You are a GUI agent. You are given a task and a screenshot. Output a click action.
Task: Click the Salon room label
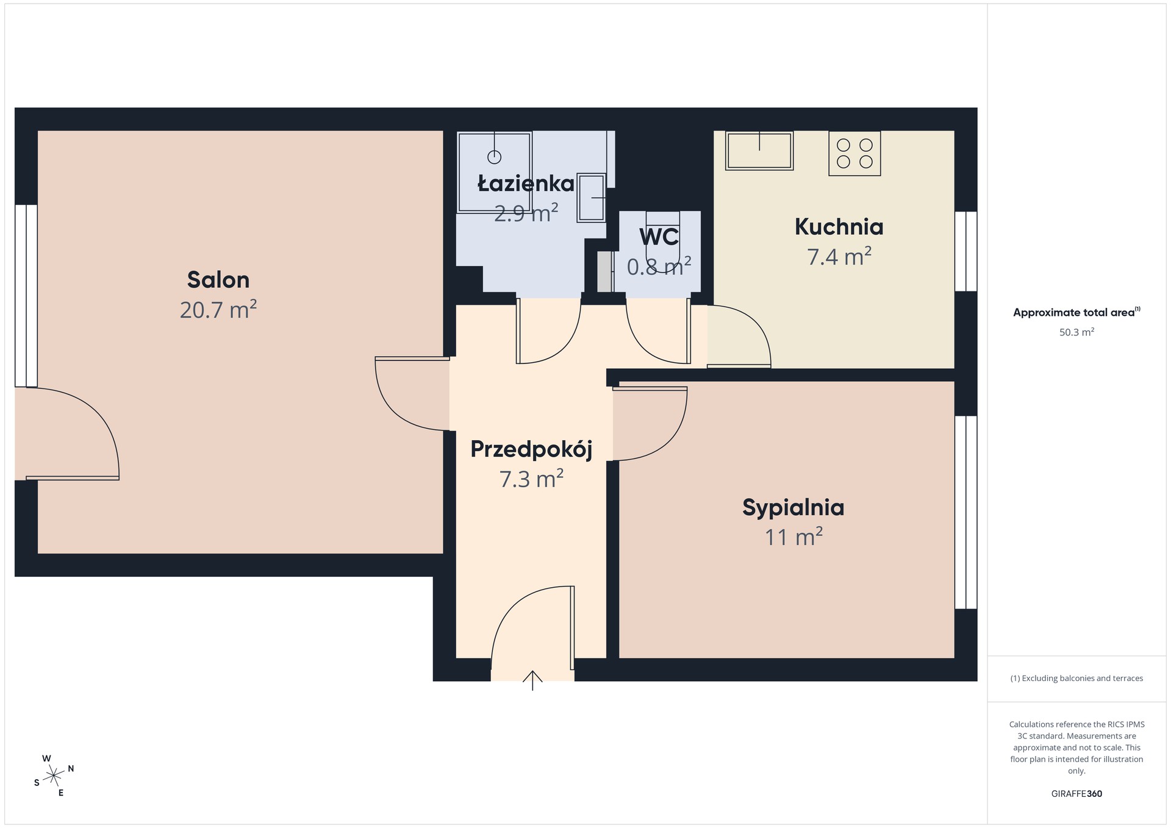click(218, 280)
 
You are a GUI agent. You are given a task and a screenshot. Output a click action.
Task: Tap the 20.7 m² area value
click(218, 310)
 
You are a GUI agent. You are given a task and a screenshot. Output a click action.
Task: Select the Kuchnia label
click(839, 227)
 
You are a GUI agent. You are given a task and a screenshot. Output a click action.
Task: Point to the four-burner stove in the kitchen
click(854, 154)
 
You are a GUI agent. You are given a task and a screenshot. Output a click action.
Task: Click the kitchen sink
click(759, 151)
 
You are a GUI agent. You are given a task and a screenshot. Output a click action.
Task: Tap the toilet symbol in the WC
click(662, 241)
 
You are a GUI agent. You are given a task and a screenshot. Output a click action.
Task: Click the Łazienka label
click(526, 184)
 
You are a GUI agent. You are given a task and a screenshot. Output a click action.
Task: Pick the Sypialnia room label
click(793, 507)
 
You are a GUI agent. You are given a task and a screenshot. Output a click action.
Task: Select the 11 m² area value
click(793, 537)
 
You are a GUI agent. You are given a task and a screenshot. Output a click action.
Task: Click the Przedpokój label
click(531, 449)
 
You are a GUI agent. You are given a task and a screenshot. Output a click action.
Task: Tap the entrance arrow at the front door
click(532, 680)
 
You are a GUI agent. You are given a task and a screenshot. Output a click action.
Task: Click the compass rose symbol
click(54, 776)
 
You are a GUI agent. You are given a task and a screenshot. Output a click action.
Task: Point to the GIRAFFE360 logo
click(1076, 794)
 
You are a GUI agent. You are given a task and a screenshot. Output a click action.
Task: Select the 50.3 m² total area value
click(1076, 332)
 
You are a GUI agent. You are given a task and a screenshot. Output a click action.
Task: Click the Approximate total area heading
click(1076, 312)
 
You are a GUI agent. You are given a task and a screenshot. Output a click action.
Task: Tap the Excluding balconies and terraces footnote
click(1076, 678)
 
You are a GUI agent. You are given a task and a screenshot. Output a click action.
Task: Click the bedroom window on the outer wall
click(966, 512)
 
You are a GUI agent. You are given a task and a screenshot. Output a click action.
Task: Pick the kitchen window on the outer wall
click(966, 251)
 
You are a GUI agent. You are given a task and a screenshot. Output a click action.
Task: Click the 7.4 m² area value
click(839, 257)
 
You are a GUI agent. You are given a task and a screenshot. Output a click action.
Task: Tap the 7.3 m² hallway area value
click(531, 479)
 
